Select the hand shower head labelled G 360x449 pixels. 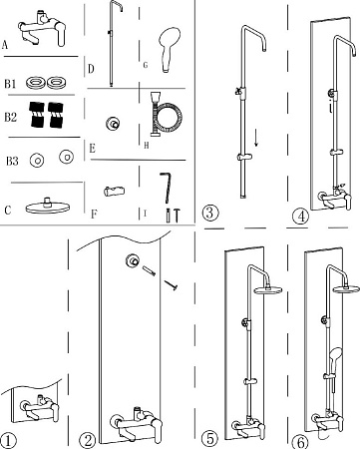point(170,49)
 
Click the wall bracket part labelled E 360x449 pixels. point(112,125)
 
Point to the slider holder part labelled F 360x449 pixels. point(114,192)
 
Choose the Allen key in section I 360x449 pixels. point(166,187)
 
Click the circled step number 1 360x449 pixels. point(8,441)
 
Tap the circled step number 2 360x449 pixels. point(88,441)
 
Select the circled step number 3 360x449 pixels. point(210,213)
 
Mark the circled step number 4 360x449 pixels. point(301,217)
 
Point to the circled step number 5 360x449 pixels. point(210,438)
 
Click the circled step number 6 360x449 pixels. point(300,442)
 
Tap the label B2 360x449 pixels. point(10,117)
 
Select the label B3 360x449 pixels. point(12,162)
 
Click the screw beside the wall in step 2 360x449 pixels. point(171,285)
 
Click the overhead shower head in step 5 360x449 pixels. point(268,289)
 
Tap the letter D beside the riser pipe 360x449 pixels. point(91,69)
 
